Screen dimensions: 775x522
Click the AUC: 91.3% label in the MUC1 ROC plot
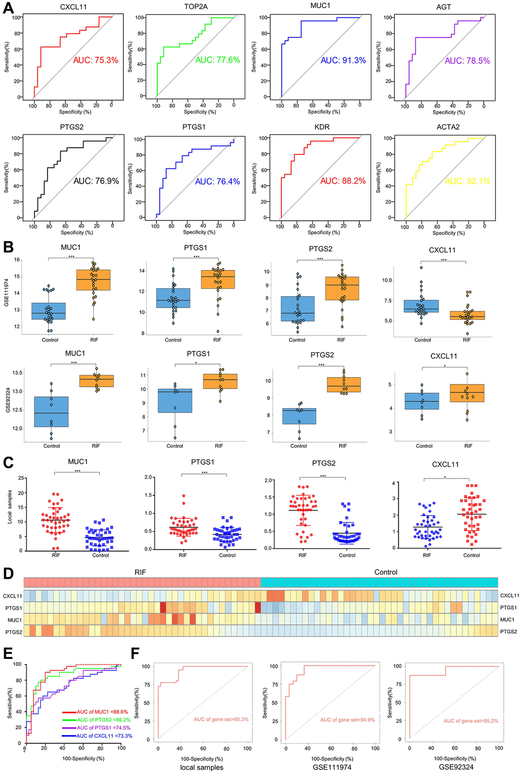[343, 60]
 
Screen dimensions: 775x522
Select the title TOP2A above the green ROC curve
[195, 7]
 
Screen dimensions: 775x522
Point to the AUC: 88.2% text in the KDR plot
[342, 181]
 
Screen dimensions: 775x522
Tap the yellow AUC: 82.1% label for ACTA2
[467, 181]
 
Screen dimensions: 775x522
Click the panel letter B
[8, 247]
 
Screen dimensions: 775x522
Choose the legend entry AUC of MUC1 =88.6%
[102, 712]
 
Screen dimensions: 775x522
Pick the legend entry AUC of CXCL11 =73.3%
[104, 736]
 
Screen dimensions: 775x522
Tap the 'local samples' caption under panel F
[202, 767]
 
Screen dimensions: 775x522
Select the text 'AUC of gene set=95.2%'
[470, 721]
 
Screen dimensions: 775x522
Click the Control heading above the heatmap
[385, 572]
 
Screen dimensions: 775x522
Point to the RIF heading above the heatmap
[140, 572]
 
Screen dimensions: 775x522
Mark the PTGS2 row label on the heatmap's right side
[508, 631]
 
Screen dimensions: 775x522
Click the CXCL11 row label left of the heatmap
[12, 596]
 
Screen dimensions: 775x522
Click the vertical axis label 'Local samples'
[10, 507]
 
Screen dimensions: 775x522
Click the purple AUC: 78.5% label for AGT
[467, 61]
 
